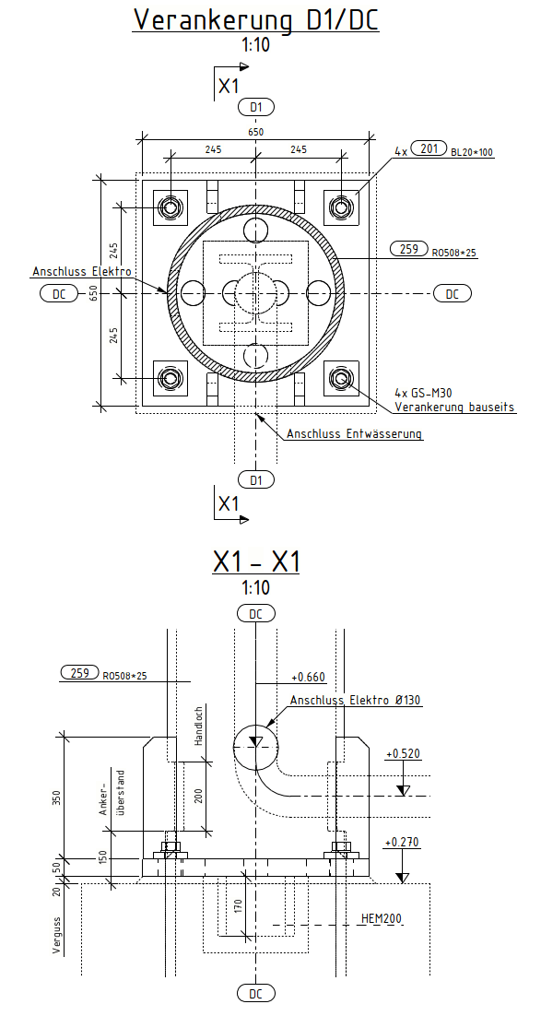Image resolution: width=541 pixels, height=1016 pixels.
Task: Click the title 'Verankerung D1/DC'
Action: pyautogui.click(x=256, y=19)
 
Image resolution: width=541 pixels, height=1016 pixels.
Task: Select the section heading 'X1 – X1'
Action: pyautogui.click(x=256, y=561)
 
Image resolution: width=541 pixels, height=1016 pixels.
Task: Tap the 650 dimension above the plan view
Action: pyautogui.click(x=256, y=132)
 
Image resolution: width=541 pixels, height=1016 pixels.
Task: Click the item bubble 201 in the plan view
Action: pyautogui.click(x=429, y=149)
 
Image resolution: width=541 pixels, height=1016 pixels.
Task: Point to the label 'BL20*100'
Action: pyautogui.click(x=472, y=153)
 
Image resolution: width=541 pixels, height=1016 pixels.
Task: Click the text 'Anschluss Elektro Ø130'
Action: pyautogui.click(x=356, y=701)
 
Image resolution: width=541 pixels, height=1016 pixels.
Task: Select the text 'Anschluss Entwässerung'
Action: pyautogui.click(x=355, y=433)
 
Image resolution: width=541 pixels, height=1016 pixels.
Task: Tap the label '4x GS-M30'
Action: pyautogui.click(x=422, y=393)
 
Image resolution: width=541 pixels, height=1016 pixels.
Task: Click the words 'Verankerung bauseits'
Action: pyautogui.click(x=454, y=408)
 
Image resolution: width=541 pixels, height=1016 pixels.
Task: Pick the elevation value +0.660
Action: pyautogui.click(x=309, y=677)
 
